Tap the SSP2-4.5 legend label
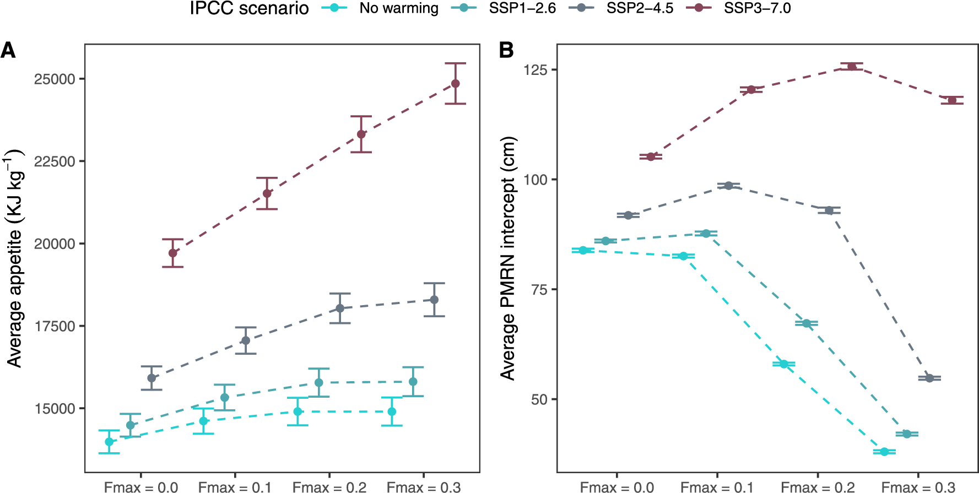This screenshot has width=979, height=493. click(x=640, y=8)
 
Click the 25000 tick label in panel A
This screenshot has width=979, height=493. click(x=55, y=79)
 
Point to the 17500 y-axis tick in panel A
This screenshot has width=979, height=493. click(x=55, y=326)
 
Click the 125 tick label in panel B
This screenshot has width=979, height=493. click(x=535, y=70)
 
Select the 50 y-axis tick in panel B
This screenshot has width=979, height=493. click(x=539, y=399)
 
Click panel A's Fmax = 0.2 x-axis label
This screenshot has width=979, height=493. click(x=329, y=487)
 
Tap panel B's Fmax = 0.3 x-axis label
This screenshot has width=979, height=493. click(x=918, y=487)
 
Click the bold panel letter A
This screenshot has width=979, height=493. click(x=8, y=51)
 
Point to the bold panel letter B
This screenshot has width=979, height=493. click(x=506, y=51)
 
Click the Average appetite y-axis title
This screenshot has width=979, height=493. click(x=15, y=259)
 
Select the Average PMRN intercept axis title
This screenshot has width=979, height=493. click(x=507, y=259)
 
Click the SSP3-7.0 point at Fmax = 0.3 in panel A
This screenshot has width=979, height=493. click(x=456, y=84)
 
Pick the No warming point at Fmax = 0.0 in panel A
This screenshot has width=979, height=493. click(x=109, y=442)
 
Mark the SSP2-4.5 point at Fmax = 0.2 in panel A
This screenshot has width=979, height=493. click(x=340, y=308)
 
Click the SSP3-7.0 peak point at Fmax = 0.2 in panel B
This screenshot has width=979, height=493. click(x=852, y=67)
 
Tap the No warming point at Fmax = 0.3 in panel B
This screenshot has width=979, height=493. click(x=884, y=452)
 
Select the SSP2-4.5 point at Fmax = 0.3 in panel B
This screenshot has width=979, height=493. click(x=929, y=378)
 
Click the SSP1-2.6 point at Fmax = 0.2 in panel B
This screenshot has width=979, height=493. click(x=807, y=323)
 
